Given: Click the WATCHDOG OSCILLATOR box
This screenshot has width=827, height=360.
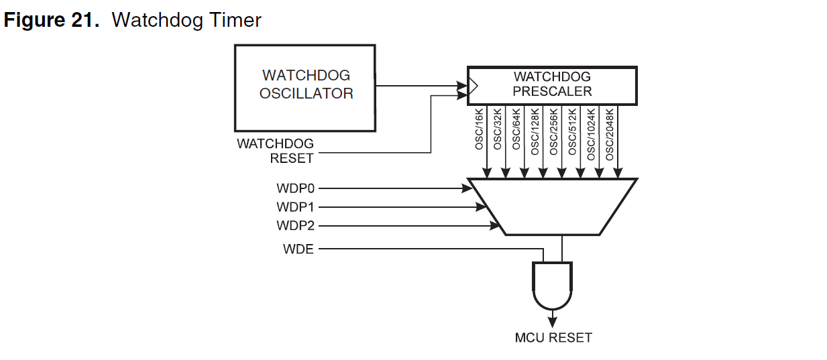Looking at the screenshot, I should (305, 87).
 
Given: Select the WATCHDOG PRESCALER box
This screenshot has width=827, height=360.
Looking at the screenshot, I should (551, 85).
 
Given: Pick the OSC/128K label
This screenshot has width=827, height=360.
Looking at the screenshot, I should (535, 131).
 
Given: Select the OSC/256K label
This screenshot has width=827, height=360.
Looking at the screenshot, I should (554, 131).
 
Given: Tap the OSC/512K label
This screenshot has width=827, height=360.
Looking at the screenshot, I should (572, 131).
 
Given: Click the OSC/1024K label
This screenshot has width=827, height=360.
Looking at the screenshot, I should (591, 133).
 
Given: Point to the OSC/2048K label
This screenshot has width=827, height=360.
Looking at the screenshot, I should (610, 133).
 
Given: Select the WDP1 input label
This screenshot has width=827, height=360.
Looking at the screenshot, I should (295, 206).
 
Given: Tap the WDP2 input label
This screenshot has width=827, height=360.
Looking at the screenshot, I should (295, 225).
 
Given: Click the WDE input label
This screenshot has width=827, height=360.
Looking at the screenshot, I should (298, 250).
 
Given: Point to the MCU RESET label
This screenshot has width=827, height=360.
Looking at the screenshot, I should (553, 337).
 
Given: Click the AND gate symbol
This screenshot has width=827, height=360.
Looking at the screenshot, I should (552, 284).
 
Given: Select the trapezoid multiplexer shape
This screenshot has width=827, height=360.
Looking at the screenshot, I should (552, 206).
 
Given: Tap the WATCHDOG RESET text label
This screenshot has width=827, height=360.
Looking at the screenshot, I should (275, 152).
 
